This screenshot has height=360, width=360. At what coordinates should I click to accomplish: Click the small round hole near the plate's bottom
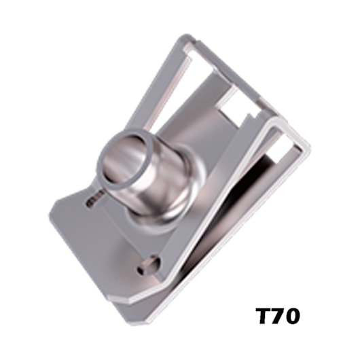147,267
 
